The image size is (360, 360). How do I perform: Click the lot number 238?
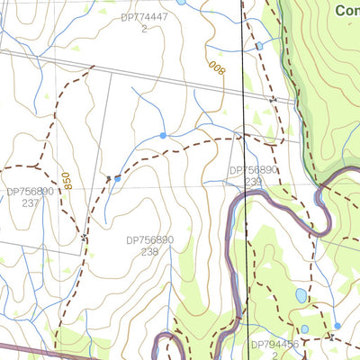(x=149, y=253)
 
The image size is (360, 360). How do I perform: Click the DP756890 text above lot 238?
(x=149, y=241)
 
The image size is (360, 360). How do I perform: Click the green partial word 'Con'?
(x=346, y=11)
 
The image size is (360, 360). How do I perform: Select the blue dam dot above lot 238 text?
(x=163, y=135)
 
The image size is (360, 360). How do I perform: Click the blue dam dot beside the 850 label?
(x=117, y=178)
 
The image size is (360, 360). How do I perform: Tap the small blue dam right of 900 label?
(x=259, y=45)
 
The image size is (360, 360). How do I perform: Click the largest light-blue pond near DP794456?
(x=301, y=295)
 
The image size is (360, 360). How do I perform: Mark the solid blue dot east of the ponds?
(x=337, y=326)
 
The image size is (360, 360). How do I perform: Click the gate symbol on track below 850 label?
(x=84, y=238)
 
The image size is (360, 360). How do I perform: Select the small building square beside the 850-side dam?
(x=107, y=177)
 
